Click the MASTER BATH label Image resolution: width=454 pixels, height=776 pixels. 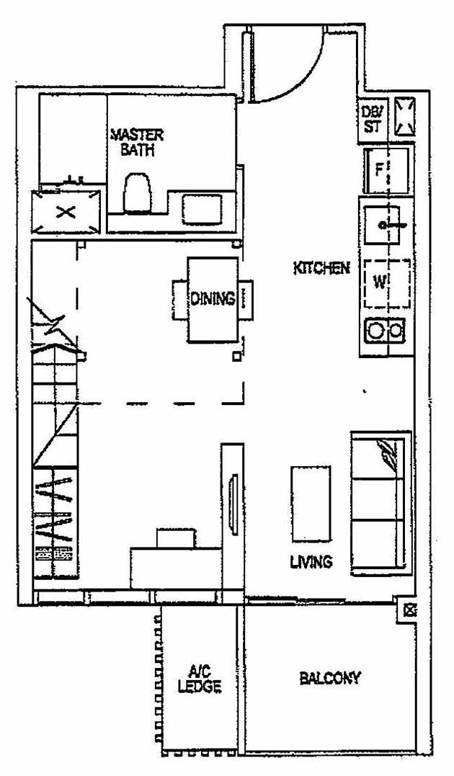click(x=137, y=143)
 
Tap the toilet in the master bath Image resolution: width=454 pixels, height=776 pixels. click(x=138, y=193)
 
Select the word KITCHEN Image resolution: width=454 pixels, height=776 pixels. click(x=321, y=268)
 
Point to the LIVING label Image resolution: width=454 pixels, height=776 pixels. click(x=311, y=561)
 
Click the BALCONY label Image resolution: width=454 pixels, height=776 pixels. click(x=330, y=678)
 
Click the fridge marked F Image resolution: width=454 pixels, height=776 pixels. click(x=386, y=170)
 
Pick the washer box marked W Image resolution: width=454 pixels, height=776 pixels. click(x=386, y=280)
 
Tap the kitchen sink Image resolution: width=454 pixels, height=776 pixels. click(x=386, y=226)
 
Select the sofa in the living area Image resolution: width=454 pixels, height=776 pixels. click(x=380, y=503)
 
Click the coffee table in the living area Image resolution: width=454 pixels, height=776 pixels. click(x=311, y=503)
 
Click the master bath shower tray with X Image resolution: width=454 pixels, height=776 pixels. click(x=66, y=212)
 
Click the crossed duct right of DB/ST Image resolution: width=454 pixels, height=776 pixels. click(x=404, y=116)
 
